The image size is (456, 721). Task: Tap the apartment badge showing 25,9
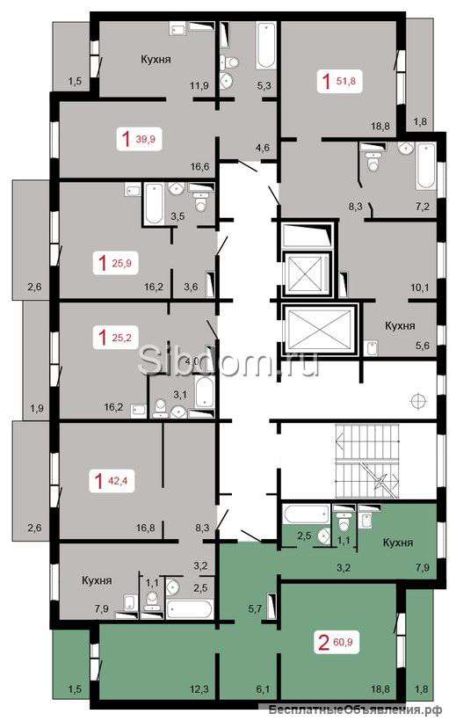click(x=115, y=263)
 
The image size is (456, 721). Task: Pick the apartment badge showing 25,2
click(x=115, y=338)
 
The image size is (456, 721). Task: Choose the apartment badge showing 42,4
click(x=112, y=482)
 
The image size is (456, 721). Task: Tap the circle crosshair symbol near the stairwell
click(x=419, y=400)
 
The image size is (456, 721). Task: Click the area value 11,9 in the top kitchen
click(x=199, y=85)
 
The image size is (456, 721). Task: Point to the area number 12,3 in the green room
click(x=199, y=702)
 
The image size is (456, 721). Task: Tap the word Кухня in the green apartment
click(x=398, y=543)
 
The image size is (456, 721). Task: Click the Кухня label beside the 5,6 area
click(x=400, y=326)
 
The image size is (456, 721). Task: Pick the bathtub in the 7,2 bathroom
click(x=426, y=166)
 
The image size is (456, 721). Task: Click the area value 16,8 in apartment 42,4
click(x=145, y=528)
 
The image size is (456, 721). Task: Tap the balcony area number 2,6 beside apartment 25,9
click(x=34, y=288)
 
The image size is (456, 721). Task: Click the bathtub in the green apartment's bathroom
click(x=307, y=514)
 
